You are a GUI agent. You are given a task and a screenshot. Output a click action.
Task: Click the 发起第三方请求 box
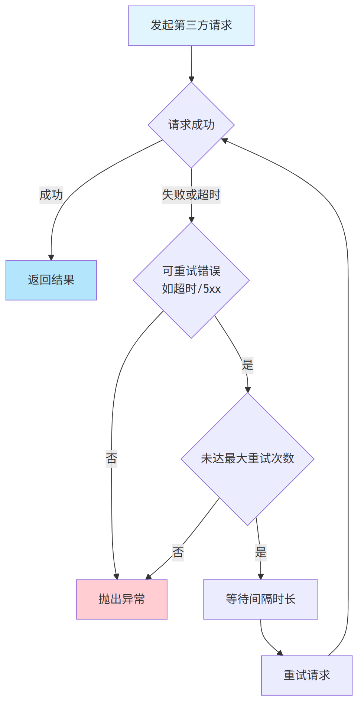(191, 26)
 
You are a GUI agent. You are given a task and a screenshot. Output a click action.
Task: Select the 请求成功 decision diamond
(191, 125)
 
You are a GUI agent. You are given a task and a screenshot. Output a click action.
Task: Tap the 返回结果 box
(51, 280)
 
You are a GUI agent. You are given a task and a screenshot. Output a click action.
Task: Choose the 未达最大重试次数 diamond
(247, 459)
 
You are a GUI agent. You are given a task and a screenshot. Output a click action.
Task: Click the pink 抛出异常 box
(121, 599)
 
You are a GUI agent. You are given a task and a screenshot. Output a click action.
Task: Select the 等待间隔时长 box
(260, 599)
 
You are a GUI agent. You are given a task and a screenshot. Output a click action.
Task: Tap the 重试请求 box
(306, 675)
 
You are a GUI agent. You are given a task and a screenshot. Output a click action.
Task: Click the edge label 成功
(51, 195)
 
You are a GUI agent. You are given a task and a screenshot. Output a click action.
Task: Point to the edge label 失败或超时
(191, 195)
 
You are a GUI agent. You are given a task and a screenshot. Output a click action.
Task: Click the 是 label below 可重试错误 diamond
(247, 365)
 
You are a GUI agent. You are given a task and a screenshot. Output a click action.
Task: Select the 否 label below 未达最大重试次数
(178, 552)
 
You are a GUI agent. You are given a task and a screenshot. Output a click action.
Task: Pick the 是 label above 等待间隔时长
(260, 552)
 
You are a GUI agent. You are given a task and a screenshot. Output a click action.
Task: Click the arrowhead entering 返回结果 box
(51, 258)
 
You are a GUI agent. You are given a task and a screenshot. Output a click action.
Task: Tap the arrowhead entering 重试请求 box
(280, 653)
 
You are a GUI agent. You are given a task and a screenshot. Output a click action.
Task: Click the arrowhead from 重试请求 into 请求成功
(224, 140)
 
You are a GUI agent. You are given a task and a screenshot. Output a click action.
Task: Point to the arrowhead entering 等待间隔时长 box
(260, 577)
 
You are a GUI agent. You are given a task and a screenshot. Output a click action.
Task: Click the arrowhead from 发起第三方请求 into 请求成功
(191, 79)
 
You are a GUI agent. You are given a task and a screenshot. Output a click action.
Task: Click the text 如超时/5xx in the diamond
(191, 289)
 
